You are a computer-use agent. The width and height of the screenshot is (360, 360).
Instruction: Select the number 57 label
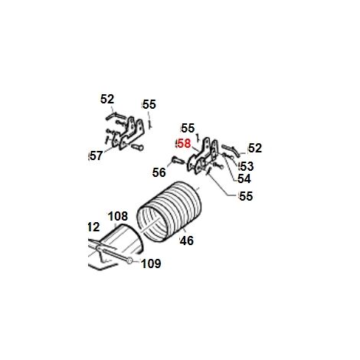point(97,155)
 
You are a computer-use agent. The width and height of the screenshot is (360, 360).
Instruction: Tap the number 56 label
point(159,172)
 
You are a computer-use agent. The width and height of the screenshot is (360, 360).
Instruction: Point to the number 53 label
point(247,166)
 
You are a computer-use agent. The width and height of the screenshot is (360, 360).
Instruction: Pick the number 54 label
point(244,178)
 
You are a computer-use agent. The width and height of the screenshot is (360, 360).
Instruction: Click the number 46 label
point(187,241)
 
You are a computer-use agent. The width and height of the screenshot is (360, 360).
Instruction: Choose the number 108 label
point(118,216)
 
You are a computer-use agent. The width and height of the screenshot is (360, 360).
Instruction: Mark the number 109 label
point(151,263)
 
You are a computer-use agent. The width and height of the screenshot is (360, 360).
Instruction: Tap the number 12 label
point(93,227)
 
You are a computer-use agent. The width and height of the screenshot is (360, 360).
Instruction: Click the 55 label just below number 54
point(246,196)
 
